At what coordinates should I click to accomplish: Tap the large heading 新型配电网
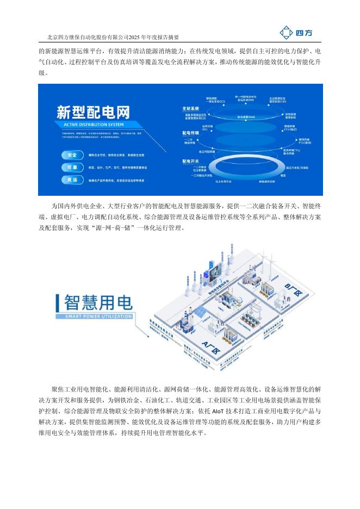click(x=94, y=113)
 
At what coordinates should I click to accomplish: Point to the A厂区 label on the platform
click(x=209, y=345)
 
